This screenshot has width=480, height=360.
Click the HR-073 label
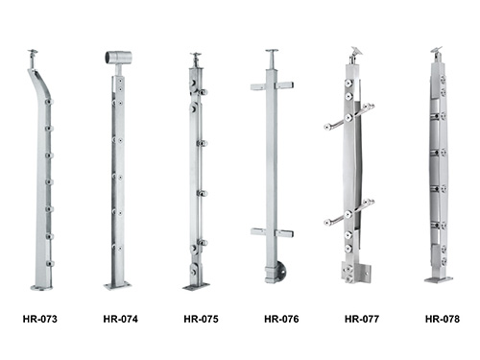(x=40, y=319)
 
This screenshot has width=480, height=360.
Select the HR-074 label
(x=121, y=319)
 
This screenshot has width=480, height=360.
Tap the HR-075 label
(x=201, y=319)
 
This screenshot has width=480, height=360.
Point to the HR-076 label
(x=281, y=319)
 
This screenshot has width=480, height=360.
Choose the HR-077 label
(x=362, y=319)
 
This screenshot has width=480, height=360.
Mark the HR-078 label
(x=443, y=319)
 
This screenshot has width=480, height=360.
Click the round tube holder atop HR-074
(x=118, y=58)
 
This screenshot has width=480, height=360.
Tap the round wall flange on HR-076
(x=281, y=272)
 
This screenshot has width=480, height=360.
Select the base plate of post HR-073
(x=41, y=288)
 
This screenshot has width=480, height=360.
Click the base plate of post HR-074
(x=118, y=285)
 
